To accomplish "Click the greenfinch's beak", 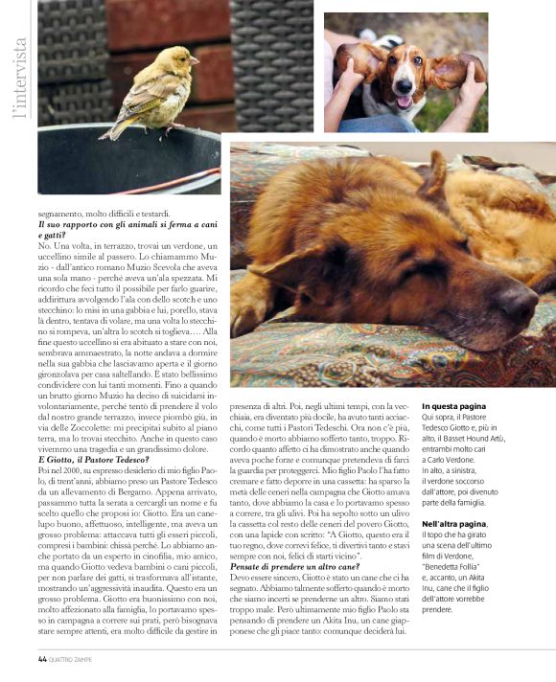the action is [x=195, y=60].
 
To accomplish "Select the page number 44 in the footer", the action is [x=43, y=659].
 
